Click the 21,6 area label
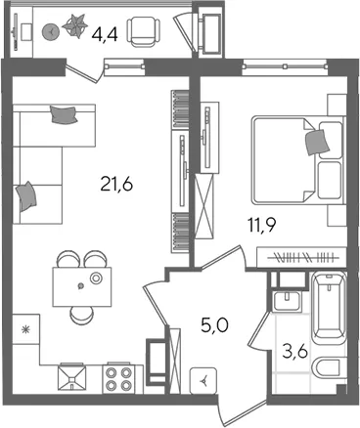(116, 185)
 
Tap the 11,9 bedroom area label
(262, 225)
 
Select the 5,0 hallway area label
(214, 325)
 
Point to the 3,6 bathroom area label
(294, 352)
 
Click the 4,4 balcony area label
(105, 34)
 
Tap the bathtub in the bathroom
(329, 308)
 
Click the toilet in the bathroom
(329, 367)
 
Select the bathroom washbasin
(287, 301)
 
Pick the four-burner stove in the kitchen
(117, 378)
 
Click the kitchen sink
(71, 377)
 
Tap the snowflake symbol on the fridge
(24, 330)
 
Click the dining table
(82, 286)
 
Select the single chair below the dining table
(81, 316)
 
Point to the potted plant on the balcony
(75, 25)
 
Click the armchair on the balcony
(144, 31)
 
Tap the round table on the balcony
(50, 32)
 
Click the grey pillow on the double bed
(317, 142)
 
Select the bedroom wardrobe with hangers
(301, 258)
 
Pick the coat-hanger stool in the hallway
(203, 380)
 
